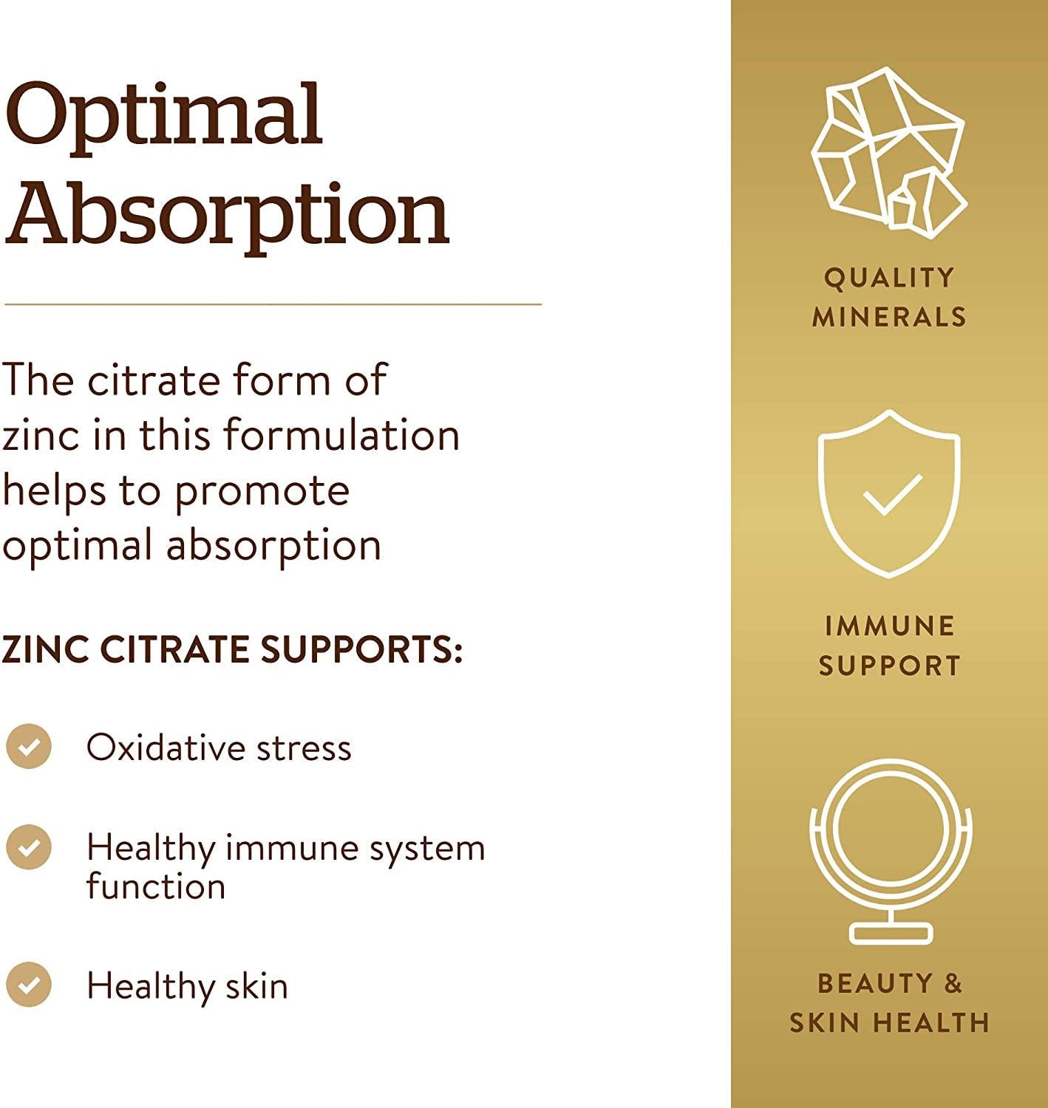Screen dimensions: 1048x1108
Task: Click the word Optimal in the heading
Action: [x=163, y=117]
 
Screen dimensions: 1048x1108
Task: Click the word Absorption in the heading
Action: [x=227, y=218]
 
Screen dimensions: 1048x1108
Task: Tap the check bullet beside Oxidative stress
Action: [x=29, y=746]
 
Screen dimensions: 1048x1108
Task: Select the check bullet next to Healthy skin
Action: [x=29, y=985]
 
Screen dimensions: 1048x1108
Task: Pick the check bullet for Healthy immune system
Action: [x=29, y=847]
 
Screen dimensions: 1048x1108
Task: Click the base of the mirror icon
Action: [x=891, y=934]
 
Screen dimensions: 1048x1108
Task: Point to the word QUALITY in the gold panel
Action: [x=890, y=278]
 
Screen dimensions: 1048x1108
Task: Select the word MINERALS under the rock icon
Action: [x=890, y=317]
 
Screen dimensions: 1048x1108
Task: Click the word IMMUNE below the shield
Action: [x=890, y=626]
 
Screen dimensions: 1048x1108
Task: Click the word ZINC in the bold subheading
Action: [x=45, y=649]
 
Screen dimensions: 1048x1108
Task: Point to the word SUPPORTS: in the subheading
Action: [x=362, y=649]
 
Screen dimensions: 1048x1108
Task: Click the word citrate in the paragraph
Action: [x=154, y=380]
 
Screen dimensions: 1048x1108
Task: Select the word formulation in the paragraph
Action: [x=341, y=436]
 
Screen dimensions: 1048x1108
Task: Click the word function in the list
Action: [x=156, y=886]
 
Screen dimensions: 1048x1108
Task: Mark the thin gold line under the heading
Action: [x=273, y=304]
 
